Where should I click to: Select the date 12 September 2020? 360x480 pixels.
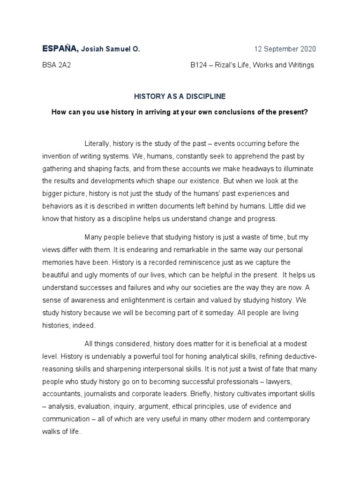tap(285, 49)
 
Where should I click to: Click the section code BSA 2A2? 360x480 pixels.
tap(57, 65)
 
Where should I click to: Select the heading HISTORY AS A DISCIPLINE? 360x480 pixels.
tap(180, 97)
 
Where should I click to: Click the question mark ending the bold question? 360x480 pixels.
tap(306, 113)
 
